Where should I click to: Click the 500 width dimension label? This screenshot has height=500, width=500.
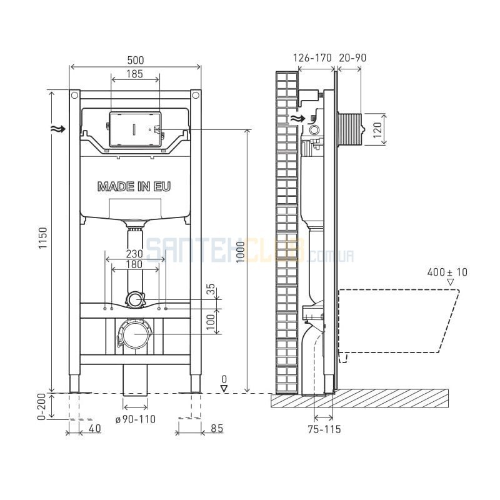pyautogui.click(x=136, y=60)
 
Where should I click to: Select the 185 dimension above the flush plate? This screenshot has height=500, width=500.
pyautogui.click(x=134, y=74)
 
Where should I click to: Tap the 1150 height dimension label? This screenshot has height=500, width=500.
pyautogui.click(x=42, y=238)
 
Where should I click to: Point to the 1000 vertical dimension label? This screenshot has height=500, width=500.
pyautogui.click(x=241, y=252)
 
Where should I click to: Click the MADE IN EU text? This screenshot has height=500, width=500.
pyautogui.click(x=134, y=186)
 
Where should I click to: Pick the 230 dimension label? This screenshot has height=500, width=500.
pyautogui.click(x=134, y=254)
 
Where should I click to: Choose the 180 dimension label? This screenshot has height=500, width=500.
pyautogui.click(x=134, y=264)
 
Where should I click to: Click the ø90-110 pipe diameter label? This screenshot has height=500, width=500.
pyautogui.click(x=136, y=419)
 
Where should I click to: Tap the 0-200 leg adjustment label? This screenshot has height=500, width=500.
pyautogui.click(x=42, y=407)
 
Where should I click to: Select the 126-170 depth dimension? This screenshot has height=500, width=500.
pyautogui.click(x=312, y=57)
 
